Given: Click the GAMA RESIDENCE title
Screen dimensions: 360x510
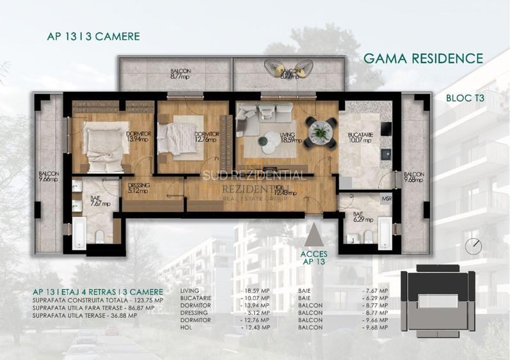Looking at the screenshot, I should click(x=423, y=59).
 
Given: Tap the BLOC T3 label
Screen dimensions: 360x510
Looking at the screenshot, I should click(x=464, y=98).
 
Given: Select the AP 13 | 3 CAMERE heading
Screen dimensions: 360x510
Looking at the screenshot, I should click(x=93, y=36).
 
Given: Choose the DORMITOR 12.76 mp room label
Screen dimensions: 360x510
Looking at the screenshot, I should click(x=207, y=137).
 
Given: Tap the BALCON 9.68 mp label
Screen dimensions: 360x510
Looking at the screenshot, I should click(x=413, y=177).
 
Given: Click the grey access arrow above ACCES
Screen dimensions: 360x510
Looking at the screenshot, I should click(x=314, y=236).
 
